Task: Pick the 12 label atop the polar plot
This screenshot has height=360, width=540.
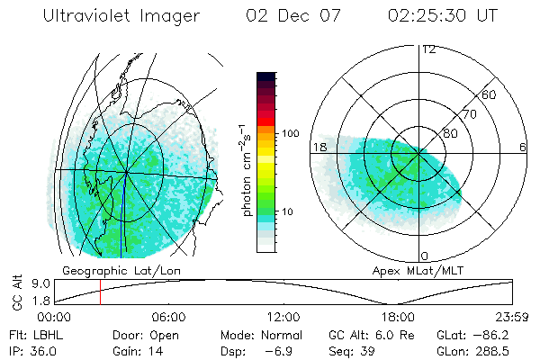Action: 429,49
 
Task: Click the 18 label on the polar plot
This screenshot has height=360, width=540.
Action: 318,147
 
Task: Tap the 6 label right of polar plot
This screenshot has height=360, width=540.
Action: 523,147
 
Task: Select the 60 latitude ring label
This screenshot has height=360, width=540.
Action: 490,94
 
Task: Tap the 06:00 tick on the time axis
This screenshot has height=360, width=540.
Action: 168,317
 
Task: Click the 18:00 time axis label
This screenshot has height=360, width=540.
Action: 399,317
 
